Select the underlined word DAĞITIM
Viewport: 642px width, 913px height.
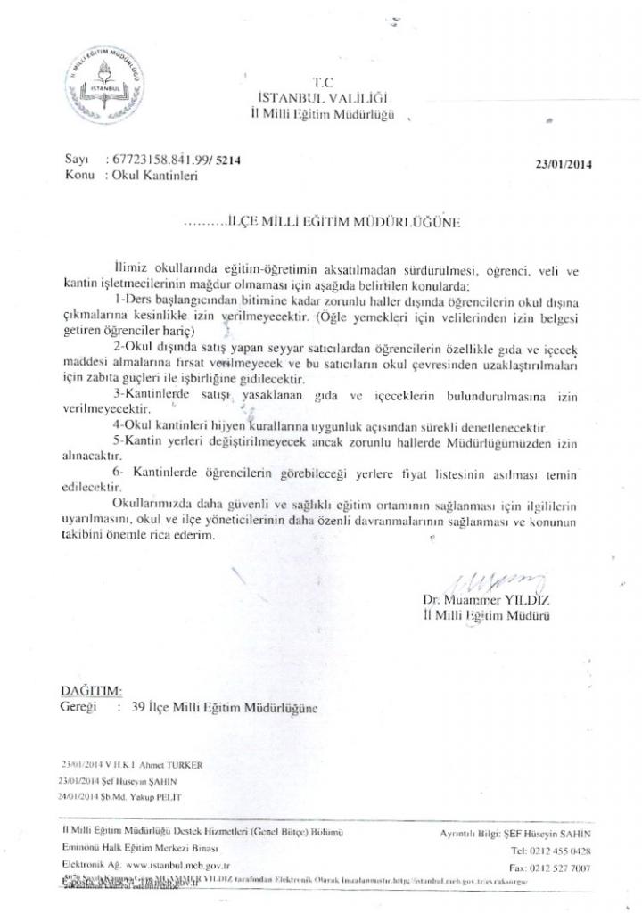90,689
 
